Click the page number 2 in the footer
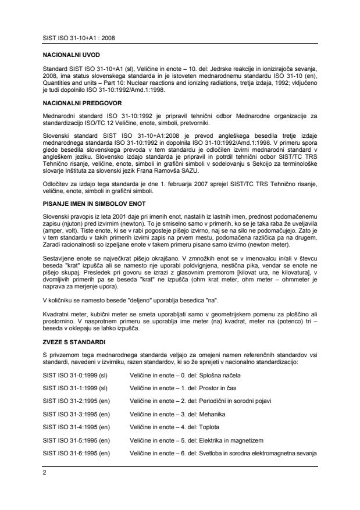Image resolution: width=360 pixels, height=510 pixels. (x=45, y=473)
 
